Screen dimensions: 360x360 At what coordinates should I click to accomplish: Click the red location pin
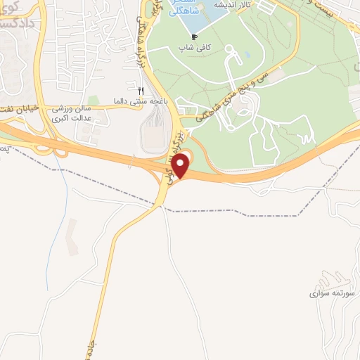tap(181, 166)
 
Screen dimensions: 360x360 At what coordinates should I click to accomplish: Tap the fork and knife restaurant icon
tap(141, 91)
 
